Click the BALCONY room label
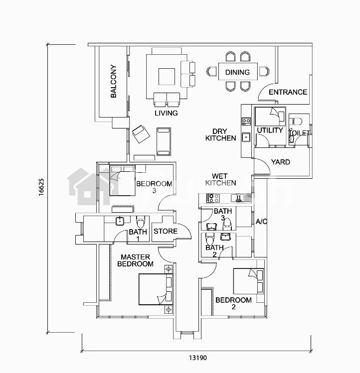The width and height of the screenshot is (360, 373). (x=114, y=81)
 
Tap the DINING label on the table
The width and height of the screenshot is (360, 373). (x=237, y=72)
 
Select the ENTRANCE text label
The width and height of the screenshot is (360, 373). (x=288, y=92)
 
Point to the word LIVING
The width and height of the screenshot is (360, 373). (x=166, y=113)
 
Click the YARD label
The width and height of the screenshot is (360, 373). (x=280, y=162)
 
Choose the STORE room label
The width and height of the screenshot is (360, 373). (x=166, y=231)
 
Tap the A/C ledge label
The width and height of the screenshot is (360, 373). (x=261, y=222)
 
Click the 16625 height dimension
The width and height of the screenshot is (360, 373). (x=41, y=187)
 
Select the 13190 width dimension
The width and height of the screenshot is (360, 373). (x=198, y=358)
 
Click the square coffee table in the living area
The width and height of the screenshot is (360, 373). (x=167, y=76)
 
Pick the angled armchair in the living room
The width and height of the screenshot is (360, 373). (x=141, y=134)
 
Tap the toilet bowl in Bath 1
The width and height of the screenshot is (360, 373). (x=140, y=222)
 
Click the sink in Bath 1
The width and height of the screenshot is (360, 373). (x=119, y=221)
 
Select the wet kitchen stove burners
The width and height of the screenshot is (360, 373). (x=213, y=198)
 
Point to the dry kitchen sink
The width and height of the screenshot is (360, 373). (x=246, y=137)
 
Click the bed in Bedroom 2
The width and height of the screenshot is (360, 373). (x=248, y=281)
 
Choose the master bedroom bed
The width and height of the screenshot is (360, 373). (x=156, y=289)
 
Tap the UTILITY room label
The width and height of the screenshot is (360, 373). (x=270, y=130)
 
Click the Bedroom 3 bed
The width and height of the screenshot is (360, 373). (x=122, y=181)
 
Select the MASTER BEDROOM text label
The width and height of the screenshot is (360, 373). (x=135, y=260)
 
